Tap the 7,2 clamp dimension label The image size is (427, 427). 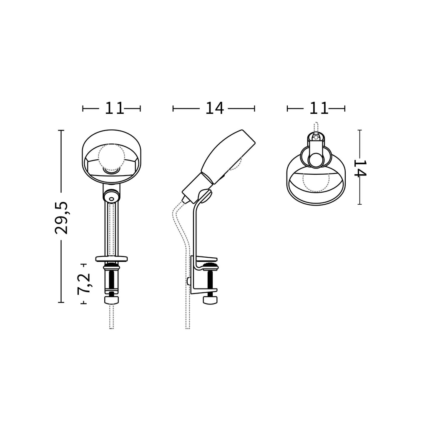(84, 283)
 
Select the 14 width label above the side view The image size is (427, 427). (215, 108)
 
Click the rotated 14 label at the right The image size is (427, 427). (360, 168)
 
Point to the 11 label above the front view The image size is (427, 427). (114, 108)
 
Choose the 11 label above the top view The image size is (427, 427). (319, 108)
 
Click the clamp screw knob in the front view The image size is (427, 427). (112, 300)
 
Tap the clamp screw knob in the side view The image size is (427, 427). (211, 300)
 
